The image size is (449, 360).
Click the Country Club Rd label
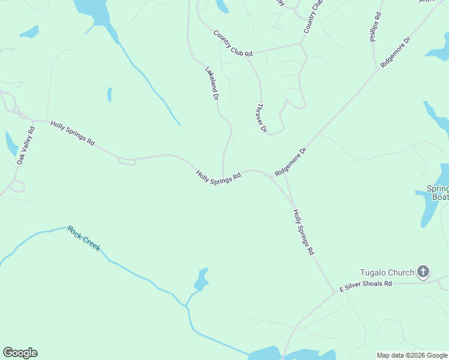point(234,43)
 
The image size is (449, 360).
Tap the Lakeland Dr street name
point(211,83)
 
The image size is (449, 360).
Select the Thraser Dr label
point(261,118)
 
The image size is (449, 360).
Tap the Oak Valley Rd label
point(26,145)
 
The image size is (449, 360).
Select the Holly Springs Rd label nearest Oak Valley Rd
point(73,133)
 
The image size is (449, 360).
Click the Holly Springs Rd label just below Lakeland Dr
point(218,177)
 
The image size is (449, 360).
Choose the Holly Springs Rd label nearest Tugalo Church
point(303,232)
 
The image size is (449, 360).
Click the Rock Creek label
point(84,238)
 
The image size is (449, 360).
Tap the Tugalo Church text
point(387,272)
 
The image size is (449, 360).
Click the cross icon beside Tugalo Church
point(423,272)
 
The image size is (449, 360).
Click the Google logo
point(20,353)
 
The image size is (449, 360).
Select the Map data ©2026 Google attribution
point(412,355)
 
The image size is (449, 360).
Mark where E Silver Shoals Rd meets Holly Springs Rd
point(334,293)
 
